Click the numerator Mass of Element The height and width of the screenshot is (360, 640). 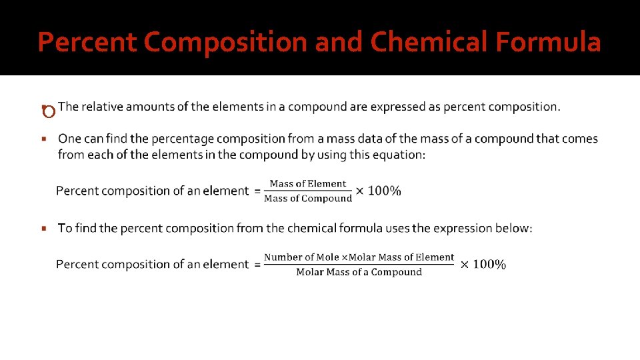[x=308, y=183]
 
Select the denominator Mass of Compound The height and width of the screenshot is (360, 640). [x=308, y=198]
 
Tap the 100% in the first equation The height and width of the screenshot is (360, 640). [x=384, y=191]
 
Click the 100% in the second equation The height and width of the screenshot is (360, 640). [x=489, y=264]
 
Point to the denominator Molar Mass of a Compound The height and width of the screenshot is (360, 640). [x=359, y=272]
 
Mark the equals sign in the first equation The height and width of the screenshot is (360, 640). [x=257, y=191]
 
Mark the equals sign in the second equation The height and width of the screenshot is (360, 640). [x=257, y=265]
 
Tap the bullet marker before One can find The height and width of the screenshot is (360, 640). [x=43, y=139]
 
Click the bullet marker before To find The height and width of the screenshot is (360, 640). [x=43, y=229]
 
